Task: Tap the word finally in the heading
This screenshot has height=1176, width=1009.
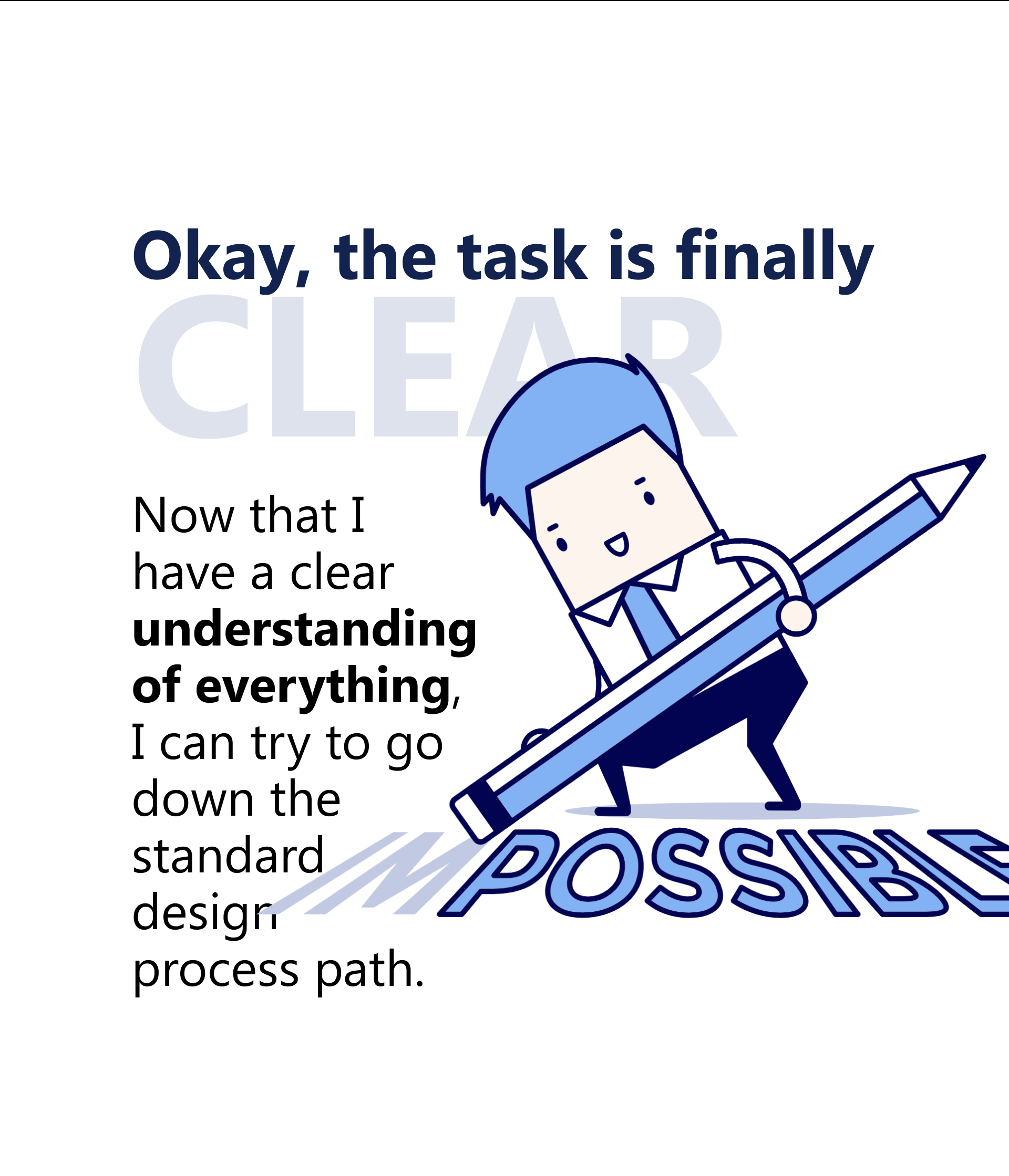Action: click(x=775, y=261)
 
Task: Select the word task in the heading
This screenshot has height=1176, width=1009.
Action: click(x=522, y=256)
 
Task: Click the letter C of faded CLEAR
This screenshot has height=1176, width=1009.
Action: click(x=193, y=367)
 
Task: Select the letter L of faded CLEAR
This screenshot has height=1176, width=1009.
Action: click(x=313, y=367)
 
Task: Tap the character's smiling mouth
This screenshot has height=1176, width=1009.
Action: click(x=617, y=545)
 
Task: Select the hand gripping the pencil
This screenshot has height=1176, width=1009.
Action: click(x=797, y=617)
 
